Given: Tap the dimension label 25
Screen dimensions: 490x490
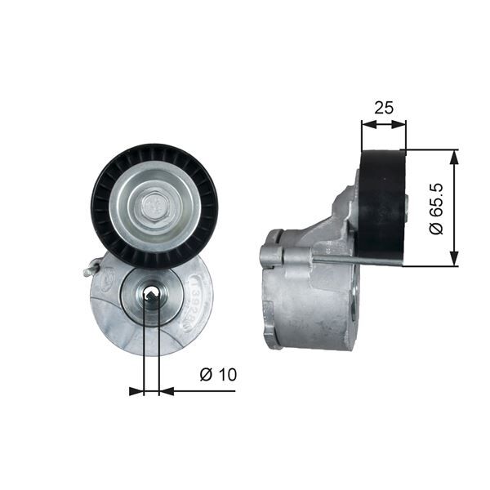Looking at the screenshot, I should point(383,108).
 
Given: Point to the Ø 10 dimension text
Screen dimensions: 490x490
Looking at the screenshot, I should point(217,375).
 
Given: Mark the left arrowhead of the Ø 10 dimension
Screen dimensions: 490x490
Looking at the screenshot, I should point(136,391).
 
